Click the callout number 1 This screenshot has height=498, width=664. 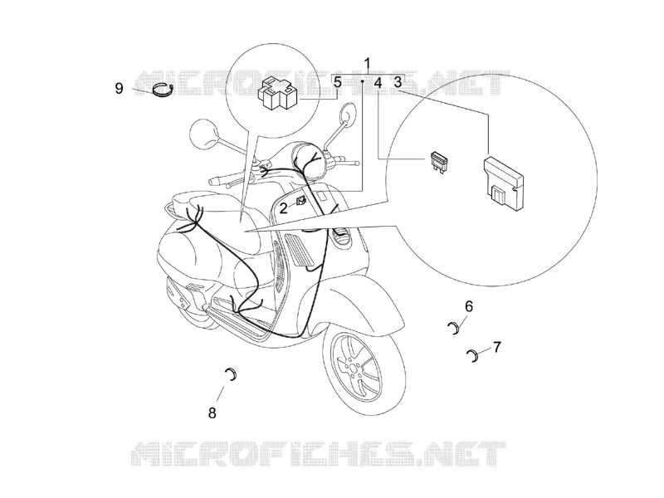coord(367,64)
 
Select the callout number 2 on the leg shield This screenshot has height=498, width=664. coord(283,208)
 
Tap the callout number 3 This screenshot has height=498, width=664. coord(398,82)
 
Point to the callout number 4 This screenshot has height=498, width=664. coord(378,82)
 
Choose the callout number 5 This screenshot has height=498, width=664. coord(337,82)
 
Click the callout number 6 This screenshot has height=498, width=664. coord(468,306)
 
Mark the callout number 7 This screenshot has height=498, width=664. coord(497,347)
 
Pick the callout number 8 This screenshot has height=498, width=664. coord(212,412)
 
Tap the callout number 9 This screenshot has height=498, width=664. coord(120,89)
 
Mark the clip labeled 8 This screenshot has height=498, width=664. coord(234,374)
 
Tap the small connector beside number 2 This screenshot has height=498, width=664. coord(300,201)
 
